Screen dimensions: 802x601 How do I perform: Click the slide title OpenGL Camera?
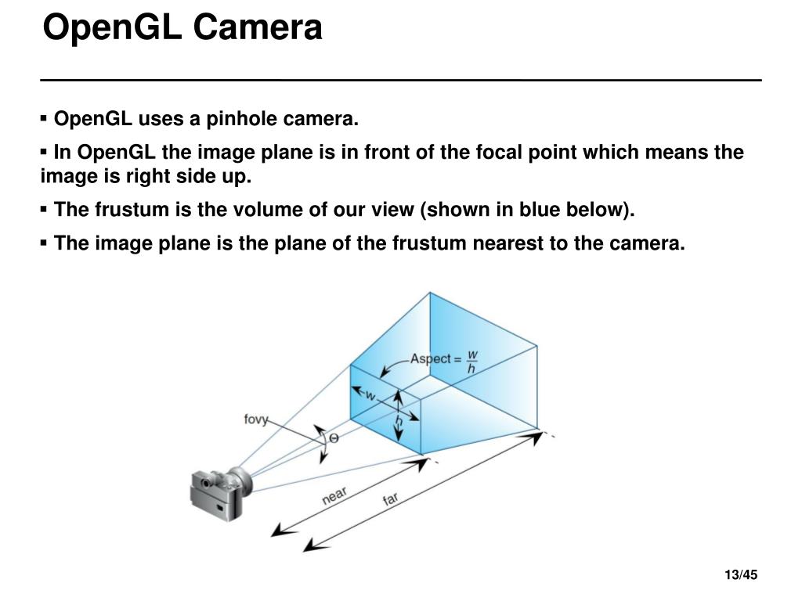(182, 28)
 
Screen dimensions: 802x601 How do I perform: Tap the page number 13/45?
(741, 577)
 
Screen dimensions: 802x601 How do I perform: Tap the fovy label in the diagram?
(256, 419)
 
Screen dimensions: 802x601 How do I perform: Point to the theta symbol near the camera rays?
(334, 438)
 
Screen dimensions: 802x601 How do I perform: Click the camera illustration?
(219, 492)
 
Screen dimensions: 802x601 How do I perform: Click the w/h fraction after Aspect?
(471, 361)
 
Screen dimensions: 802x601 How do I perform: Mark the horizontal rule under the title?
(401, 80)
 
